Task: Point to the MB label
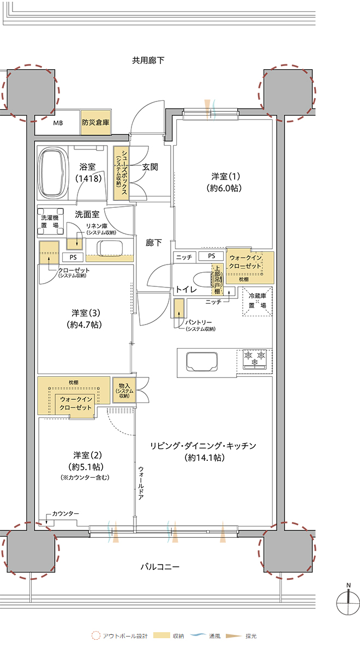click(x=58, y=123)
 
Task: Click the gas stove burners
click(x=255, y=358)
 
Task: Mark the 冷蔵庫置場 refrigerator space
click(x=256, y=301)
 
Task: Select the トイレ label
click(x=187, y=290)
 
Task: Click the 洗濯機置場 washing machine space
click(x=50, y=221)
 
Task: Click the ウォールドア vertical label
click(x=141, y=487)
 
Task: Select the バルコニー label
click(x=160, y=567)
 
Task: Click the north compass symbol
click(x=348, y=601)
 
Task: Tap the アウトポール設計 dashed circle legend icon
click(x=96, y=636)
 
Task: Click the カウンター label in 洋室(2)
click(x=65, y=514)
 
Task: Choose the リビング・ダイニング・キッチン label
click(x=203, y=446)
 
